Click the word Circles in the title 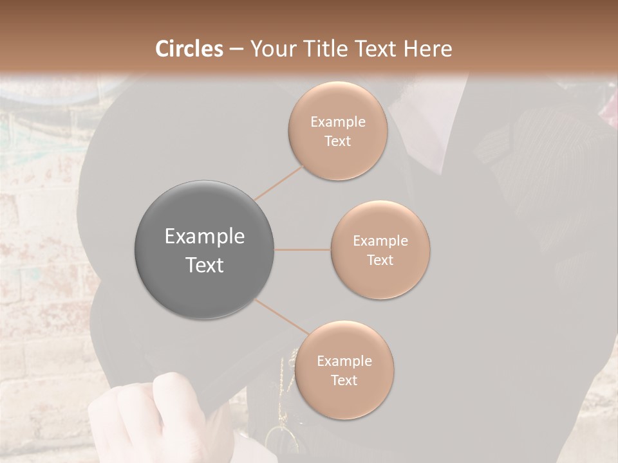pyautogui.click(x=190, y=49)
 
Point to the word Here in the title pyautogui.click(x=428, y=49)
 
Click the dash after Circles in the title pyautogui.click(x=236, y=50)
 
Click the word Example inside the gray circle pyautogui.click(x=205, y=237)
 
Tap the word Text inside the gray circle pyautogui.click(x=205, y=265)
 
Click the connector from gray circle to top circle pyautogui.click(x=279, y=182)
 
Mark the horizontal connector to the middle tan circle pyautogui.click(x=303, y=250)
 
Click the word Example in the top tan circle pyautogui.click(x=338, y=122)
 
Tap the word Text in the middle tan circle pyautogui.click(x=380, y=260)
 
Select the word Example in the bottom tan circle pyautogui.click(x=344, y=361)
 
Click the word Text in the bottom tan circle pyautogui.click(x=344, y=381)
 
